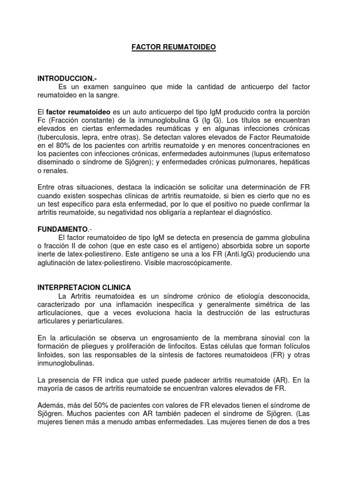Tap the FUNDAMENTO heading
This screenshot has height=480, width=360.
62,229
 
